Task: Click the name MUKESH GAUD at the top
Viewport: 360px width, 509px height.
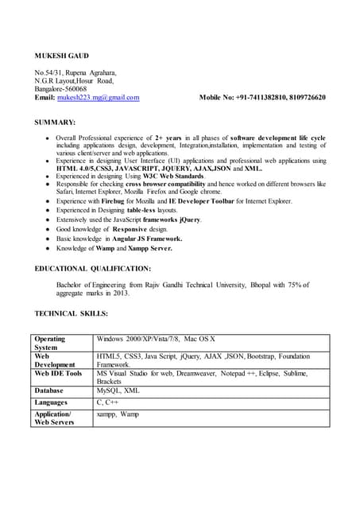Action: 62,55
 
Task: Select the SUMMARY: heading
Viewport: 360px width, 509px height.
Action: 56,122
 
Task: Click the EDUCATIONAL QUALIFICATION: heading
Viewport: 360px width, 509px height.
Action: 93,269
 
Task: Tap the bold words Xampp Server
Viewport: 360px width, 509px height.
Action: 147,248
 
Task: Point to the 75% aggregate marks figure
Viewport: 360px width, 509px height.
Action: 293,284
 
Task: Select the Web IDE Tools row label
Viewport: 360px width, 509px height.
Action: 58,374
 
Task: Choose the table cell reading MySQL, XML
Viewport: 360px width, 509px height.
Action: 118,391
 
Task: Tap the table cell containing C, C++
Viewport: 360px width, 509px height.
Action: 107,403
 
